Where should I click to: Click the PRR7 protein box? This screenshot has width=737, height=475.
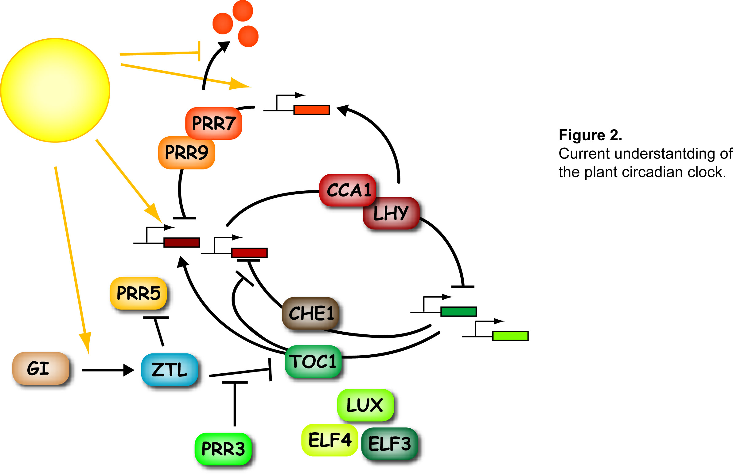214,123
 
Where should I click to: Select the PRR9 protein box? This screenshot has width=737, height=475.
187,153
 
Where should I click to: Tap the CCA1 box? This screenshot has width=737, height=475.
348,190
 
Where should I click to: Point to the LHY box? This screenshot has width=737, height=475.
391,213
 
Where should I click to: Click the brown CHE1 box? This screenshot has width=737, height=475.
311,313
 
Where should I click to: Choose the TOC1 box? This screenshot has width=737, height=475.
313,361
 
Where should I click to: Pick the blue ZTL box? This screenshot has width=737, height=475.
170,369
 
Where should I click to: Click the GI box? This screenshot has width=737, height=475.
41,368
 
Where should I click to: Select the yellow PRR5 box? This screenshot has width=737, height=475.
138,293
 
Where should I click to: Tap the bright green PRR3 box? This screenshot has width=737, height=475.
223,449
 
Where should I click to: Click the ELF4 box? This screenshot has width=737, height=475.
330,440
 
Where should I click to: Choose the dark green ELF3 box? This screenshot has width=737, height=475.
390,444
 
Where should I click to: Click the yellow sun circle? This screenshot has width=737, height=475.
56,90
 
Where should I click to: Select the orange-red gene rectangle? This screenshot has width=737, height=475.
312,110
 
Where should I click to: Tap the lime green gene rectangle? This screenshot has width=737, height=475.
510,336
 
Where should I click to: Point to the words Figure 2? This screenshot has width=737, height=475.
590,135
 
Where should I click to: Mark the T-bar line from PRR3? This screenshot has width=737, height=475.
235,404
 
